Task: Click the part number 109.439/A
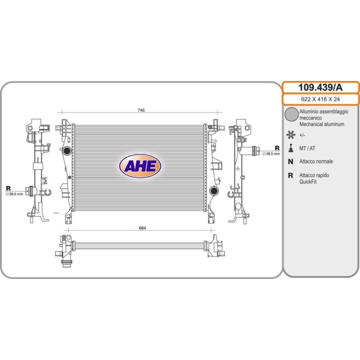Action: [x=320, y=87]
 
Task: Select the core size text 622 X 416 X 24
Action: [x=320, y=99]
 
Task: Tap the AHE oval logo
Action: [x=140, y=166]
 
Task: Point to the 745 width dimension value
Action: [x=141, y=110]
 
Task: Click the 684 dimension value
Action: [x=142, y=228]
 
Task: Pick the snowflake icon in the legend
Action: [x=291, y=134]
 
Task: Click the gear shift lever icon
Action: [x=291, y=148]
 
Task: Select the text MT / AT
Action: [x=307, y=148]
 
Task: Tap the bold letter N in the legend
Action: [x=290, y=161]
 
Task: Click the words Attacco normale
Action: [x=316, y=161]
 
